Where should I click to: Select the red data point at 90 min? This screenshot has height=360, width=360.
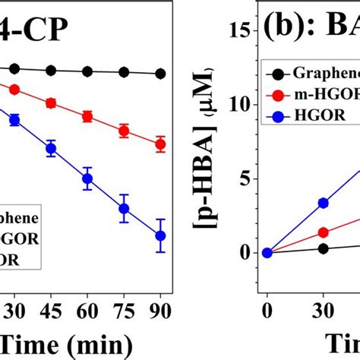click(x=160, y=143)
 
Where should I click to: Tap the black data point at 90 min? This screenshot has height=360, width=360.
click(x=160, y=74)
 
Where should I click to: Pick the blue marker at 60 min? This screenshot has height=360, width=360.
click(x=87, y=179)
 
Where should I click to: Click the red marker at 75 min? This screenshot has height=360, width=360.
click(x=124, y=131)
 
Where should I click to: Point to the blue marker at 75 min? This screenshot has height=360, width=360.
click(x=124, y=209)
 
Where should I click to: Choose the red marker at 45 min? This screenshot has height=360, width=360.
click(x=51, y=103)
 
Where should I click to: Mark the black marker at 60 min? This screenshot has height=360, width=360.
click(x=87, y=72)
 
